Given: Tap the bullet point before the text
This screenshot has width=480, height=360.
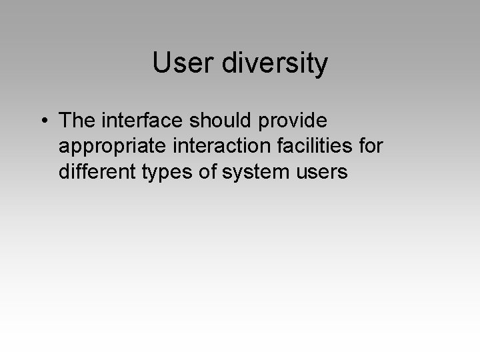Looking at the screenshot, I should click(x=43, y=122).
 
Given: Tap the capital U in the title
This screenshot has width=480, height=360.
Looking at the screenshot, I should click(x=161, y=64).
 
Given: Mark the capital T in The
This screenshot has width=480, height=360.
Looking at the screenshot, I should click(x=65, y=121).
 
